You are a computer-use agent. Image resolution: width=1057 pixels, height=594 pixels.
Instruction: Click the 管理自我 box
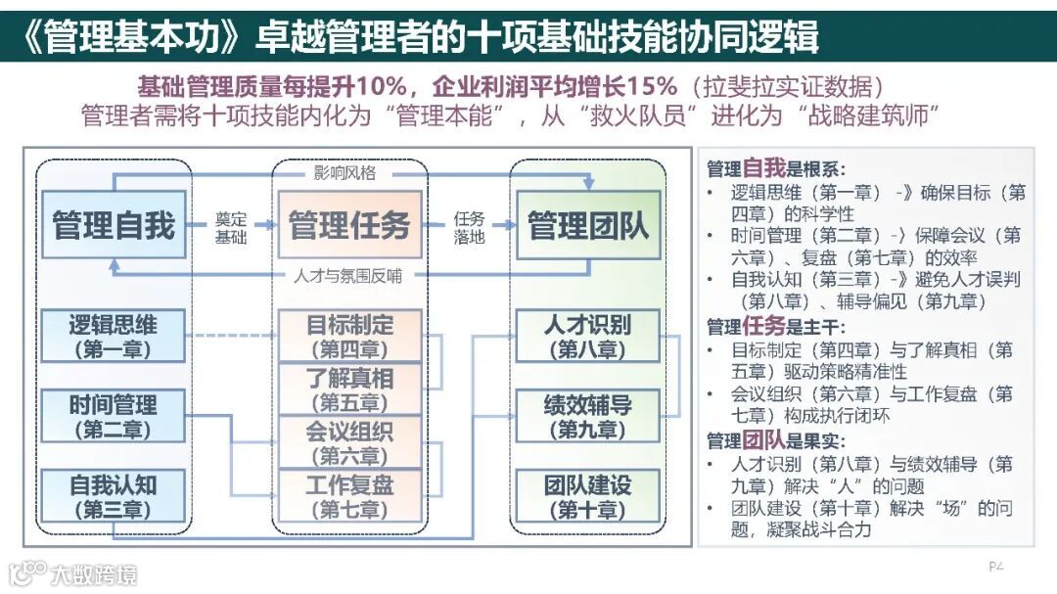pos(114,225)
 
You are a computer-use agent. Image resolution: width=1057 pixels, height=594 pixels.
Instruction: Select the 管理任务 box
pos(349,225)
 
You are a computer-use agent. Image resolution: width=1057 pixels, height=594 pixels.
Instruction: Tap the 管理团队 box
pos(588,225)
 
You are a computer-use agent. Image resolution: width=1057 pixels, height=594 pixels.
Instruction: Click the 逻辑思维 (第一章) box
pos(114,336)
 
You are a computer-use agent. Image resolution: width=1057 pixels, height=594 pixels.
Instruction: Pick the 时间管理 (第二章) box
pos(114,416)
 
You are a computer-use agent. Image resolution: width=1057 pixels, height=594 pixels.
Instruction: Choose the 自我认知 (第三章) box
pos(114,496)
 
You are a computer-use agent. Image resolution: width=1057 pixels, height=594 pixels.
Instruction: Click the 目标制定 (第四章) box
pos(349,336)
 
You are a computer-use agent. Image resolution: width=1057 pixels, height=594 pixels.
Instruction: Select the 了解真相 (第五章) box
pos(349,388)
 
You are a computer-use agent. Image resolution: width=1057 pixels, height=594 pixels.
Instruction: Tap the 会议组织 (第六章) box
pos(349,442)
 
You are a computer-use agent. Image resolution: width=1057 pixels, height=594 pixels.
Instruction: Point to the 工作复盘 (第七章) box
pos(349,496)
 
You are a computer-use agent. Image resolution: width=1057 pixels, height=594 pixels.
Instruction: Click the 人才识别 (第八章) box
pos(588,336)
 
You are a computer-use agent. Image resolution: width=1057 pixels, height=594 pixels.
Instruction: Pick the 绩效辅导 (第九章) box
pos(588,416)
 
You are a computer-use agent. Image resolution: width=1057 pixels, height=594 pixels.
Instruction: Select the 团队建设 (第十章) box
pos(588,496)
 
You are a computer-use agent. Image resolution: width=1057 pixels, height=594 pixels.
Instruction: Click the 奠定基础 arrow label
pos(231,227)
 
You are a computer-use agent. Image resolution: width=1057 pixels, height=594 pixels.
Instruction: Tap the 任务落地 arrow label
pos(469,227)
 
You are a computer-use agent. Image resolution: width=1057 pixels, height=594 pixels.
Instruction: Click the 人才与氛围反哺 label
pos(347,276)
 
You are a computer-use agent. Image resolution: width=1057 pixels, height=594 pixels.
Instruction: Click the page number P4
pos(996,566)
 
